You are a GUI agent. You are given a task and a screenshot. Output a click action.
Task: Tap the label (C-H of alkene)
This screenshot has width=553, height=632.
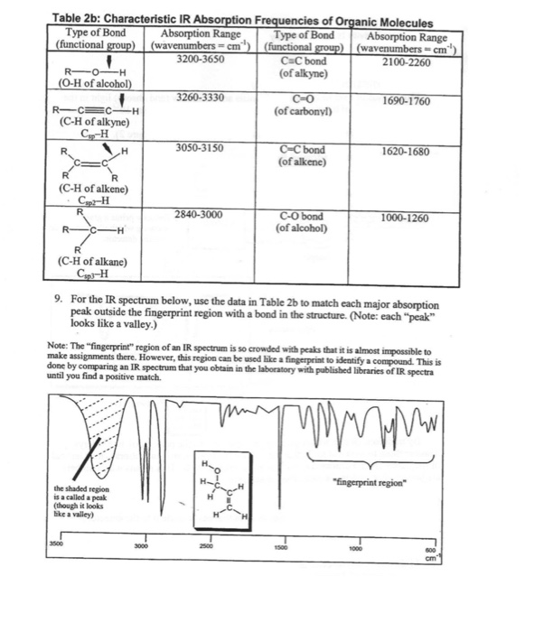click(x=92, y=189)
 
